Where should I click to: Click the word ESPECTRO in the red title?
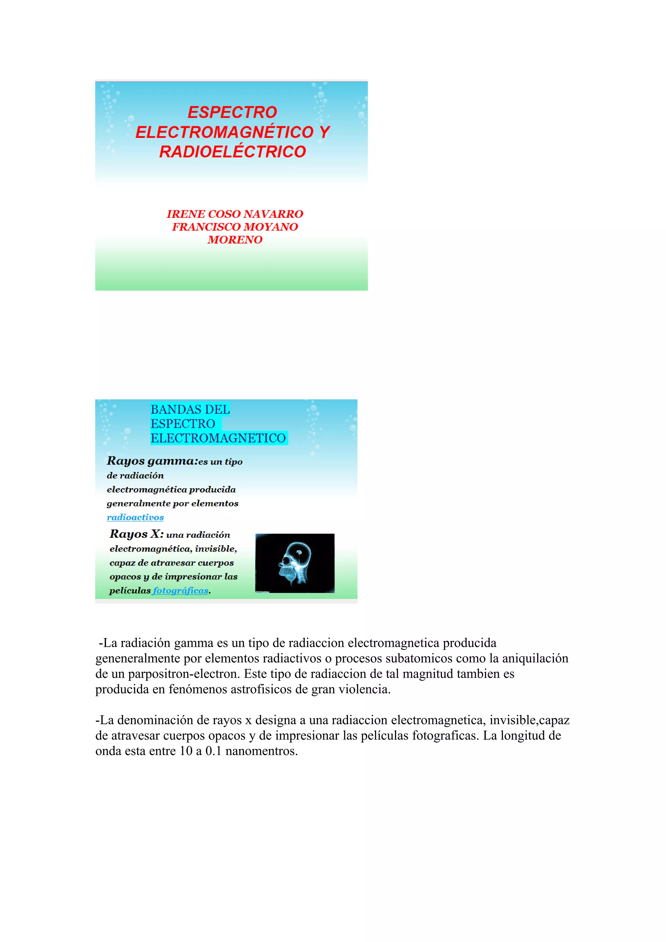(232, 112)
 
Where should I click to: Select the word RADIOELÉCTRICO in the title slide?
(233, 151)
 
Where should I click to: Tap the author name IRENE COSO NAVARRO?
(235, 214)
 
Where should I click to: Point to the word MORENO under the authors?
(235, 240)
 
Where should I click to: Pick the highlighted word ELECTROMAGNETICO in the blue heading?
(218, 438)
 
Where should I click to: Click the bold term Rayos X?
(136, 534)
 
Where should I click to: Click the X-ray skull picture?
(295, 563)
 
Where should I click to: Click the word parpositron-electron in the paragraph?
(183, 674)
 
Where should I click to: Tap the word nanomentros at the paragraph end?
(261, 751)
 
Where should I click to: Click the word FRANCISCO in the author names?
(206, 227)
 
